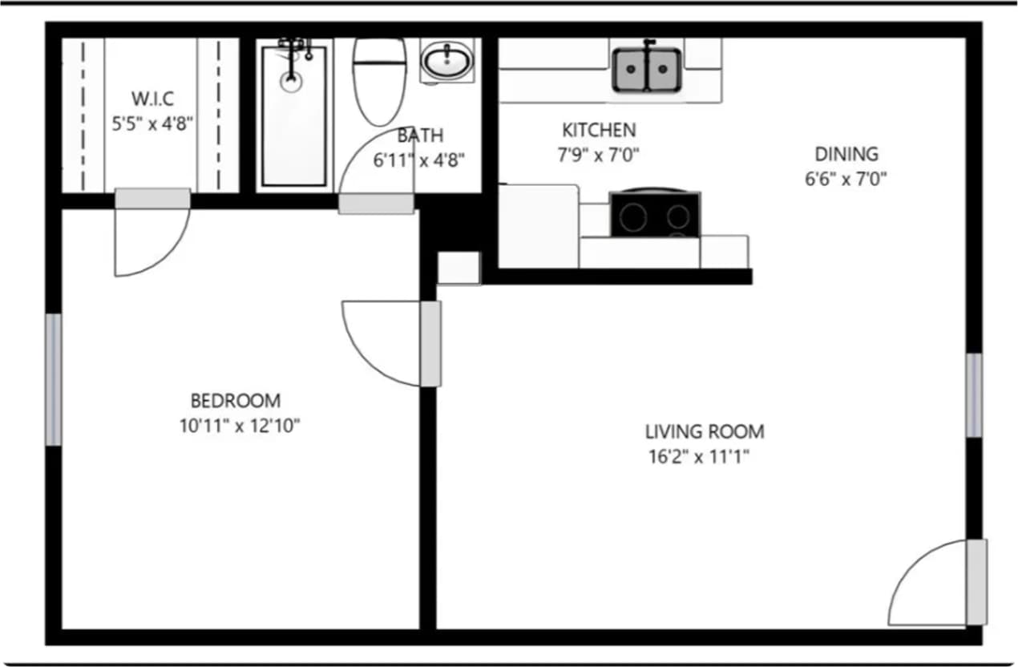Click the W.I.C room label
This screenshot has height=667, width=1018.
coord(152,99)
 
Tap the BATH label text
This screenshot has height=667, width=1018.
coord(419,136)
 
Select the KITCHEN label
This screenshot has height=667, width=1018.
coord(598,130)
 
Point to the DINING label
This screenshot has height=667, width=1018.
coord(846,154)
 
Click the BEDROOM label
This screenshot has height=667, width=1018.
coord(236,400)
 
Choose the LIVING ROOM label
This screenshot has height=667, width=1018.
coord(705,432)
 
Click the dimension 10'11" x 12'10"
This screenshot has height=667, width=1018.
coord(239,426)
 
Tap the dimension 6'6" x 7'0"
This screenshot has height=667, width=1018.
coord(846,179)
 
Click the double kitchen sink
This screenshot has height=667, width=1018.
coord(647,69)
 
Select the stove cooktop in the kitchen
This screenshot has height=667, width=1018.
coord(655,214)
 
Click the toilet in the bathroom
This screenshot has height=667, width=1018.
coord(379,80)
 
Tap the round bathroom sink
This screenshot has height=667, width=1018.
coord(447,61)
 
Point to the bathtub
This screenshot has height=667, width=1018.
coord(294,116)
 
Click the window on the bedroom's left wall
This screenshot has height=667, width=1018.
coord(54,379)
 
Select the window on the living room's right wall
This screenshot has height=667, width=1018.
coord(974,395)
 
